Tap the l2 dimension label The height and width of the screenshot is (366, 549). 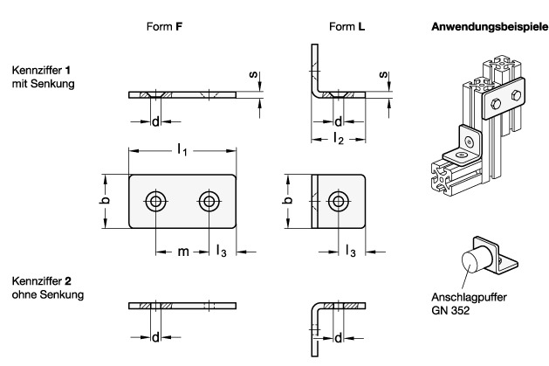click(x=338, y=138)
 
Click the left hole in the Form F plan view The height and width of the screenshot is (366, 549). click(x=156, y=202)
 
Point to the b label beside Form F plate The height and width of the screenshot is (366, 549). click(x=103, y=202)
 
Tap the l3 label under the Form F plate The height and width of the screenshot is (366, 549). click(x=223, y=252)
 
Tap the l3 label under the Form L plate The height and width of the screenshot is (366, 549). click(x=351, y=252)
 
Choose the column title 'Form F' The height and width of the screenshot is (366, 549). click(x=166, y=27)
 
